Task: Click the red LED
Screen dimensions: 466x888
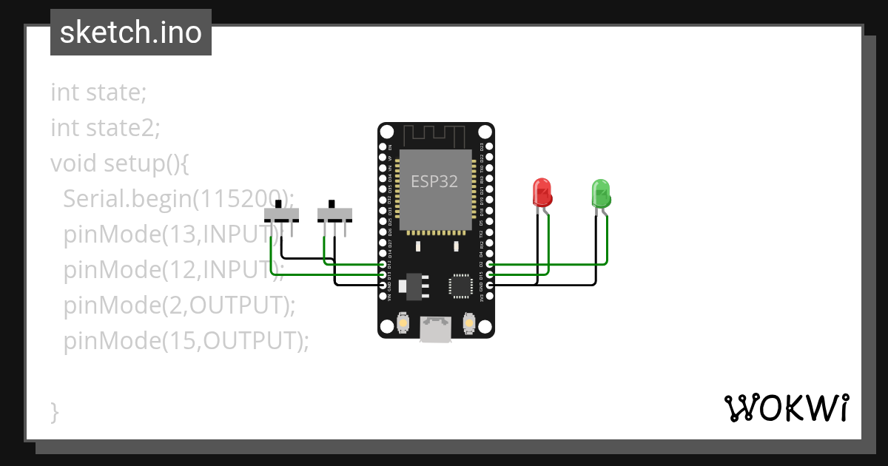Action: pyautogui.click(x=542, y=192)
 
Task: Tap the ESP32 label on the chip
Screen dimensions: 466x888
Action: pyautogui.click(x=434, y=181)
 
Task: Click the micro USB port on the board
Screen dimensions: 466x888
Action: pyautogui.click(x=435, y=328)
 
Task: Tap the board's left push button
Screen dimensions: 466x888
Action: pyautogui.click(x=403, y=323)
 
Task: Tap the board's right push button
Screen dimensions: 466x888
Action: pyautogui.click(x=468, y=323)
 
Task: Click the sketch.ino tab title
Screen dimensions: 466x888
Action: pyautogui.click(x=130, y=33)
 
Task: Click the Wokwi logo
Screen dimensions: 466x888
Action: pyautogui.click(x=785, y=408)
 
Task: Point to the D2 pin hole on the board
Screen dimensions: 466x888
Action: pyautogui.click(x=489, y=264)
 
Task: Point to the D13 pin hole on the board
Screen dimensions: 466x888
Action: pyautogui.click(x=383, y=274)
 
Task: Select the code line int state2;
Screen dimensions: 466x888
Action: pyautogui.click(x=105, y=128)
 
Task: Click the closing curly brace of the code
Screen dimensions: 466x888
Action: pyautogui.click(x=54, y=411)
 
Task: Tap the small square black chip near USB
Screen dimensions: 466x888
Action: pyautogui.click(x=460, y=285)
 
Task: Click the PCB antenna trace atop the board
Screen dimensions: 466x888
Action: pyautogui.click(x=435, y=136)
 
